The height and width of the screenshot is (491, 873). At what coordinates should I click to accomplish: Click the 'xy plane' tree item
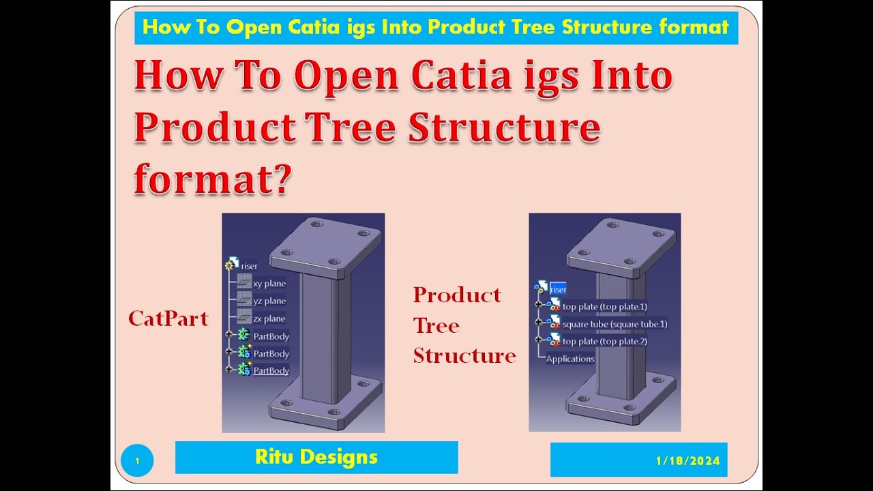tap(269, 284)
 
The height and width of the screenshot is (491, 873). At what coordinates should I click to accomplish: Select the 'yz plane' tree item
tap(269, 301)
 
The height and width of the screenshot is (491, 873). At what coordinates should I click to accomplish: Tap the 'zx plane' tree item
tap(269, 318)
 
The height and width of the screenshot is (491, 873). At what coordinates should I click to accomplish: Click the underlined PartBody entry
tap(271, 370)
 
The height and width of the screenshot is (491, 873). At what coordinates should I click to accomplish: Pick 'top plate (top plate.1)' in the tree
tap(604, 307)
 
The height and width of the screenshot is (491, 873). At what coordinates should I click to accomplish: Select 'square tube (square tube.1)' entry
tap(615, 324)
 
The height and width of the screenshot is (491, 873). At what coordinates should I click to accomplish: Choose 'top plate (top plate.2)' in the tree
tap(604, 341)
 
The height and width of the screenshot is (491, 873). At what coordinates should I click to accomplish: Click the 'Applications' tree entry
tap(570, 359)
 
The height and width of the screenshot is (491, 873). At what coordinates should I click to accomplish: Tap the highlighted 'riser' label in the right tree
tap(558, 289)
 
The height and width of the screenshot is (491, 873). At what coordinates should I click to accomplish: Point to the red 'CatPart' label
tap(168, 318)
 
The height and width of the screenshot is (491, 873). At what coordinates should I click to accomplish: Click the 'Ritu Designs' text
tap(316, 457)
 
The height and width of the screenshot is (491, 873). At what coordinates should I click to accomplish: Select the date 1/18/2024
tap(688, 461)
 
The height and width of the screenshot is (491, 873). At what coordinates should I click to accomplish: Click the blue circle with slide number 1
tap(137, 461)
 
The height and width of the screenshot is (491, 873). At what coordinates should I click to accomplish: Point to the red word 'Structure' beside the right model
tap(464, 355)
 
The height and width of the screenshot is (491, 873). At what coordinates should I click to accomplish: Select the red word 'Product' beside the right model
tap(457, 295)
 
